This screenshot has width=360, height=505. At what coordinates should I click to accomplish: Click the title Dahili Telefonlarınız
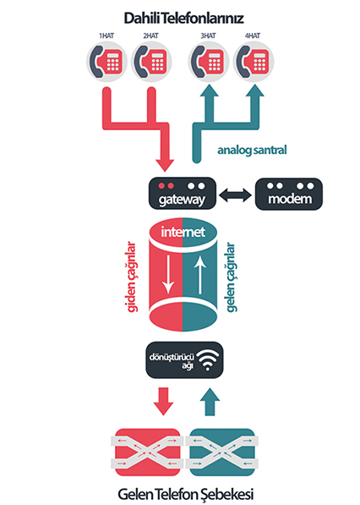183,19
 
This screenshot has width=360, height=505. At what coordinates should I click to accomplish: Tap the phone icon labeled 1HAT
106,61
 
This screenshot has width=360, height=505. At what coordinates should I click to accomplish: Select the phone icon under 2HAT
151,61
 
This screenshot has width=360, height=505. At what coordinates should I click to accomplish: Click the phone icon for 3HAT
209,61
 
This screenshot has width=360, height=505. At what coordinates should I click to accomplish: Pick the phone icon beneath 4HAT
254,61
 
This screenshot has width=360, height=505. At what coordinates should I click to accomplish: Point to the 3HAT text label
208,36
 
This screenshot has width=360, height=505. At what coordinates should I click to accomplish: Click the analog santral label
252,150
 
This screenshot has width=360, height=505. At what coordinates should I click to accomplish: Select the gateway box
182,193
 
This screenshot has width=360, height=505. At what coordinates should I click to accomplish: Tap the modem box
289,194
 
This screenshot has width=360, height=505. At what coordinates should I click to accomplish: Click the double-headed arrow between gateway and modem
235,195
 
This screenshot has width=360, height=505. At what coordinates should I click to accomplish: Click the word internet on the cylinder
183,232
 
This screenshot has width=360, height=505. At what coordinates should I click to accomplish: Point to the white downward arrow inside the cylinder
168,275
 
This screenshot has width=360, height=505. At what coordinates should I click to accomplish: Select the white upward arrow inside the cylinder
200,275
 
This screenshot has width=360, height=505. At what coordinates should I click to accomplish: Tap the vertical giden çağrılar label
131,277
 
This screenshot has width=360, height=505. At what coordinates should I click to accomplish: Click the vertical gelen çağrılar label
231,277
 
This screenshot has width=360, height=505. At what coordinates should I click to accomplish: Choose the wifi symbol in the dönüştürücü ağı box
208,360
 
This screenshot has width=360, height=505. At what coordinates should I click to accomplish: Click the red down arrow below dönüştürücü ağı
163,401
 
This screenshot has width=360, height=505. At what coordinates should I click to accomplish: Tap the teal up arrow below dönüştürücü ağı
210,401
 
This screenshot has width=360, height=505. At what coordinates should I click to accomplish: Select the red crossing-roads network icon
147,453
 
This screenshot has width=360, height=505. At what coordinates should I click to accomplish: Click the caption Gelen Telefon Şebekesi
186,494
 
